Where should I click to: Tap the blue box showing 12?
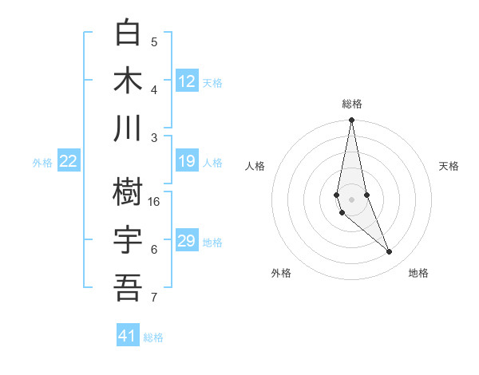187,81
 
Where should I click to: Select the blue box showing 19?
187,162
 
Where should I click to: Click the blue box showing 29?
187,241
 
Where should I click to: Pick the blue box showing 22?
69,162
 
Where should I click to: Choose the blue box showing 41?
128,336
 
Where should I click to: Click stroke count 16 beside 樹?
154,201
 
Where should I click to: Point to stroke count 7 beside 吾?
154,298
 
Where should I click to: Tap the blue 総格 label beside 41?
153,337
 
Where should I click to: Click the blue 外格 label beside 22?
42,163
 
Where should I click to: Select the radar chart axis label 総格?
352,104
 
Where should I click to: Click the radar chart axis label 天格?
449,166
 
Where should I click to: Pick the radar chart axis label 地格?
418,274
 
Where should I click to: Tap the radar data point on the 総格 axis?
351,120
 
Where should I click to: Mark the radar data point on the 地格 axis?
390,252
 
